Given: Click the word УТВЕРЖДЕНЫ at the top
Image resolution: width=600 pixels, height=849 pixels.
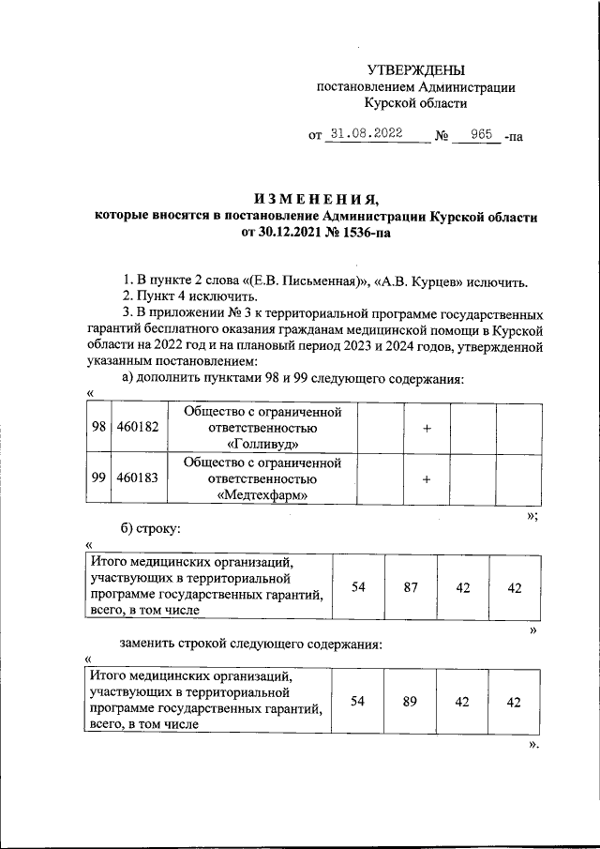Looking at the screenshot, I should (416, 70).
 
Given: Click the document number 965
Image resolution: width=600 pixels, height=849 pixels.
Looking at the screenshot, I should (482, 134).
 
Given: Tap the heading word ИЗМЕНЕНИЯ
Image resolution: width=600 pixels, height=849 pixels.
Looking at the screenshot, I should (316, 198).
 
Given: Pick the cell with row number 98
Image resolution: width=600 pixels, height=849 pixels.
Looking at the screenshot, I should (98, 427).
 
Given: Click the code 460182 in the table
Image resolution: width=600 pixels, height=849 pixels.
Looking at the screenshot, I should (138, 427).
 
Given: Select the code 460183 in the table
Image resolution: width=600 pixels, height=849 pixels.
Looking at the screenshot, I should (138, 478).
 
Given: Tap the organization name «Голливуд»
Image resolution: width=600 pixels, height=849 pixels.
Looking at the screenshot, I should (262, 443).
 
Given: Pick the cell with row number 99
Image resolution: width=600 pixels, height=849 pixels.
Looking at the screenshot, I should (98, 478).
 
